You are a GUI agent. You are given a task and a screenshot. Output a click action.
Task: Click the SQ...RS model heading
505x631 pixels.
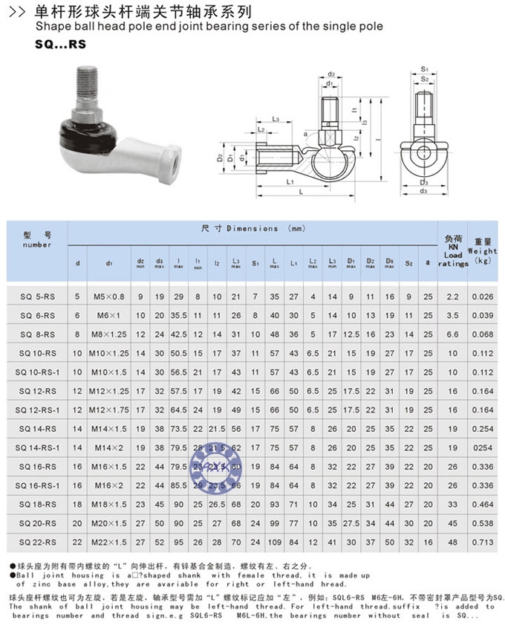click(60, 44)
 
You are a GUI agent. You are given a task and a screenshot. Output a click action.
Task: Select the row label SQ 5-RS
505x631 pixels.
click(36, 297)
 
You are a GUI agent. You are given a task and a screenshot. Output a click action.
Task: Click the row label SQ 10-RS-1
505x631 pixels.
click(36, 371)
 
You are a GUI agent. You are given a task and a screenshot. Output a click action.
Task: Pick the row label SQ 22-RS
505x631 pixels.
click(36, 543)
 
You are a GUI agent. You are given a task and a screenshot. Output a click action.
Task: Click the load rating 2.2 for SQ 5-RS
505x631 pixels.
click(453, 297)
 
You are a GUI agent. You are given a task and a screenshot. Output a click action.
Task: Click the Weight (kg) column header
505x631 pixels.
click(483, 250)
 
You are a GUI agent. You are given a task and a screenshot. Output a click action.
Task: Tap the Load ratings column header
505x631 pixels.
click(453, 250)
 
